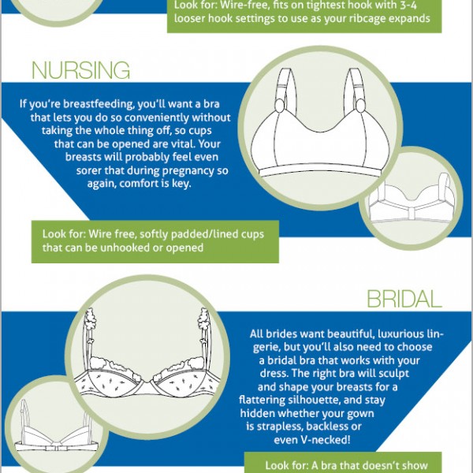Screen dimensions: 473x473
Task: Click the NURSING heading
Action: coord(81,70)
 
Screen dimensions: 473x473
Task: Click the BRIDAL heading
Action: coord(404,299)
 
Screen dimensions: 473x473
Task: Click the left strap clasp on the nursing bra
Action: coord(280,106)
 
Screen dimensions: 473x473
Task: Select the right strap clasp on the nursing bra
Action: coord(360,106)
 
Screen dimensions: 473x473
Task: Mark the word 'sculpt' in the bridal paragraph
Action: coord(393,374)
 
